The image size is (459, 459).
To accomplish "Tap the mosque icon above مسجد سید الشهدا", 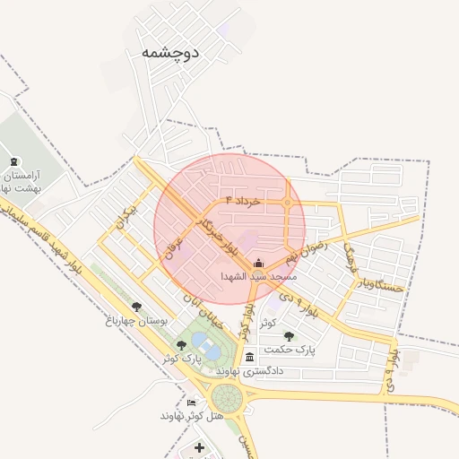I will point(259,263).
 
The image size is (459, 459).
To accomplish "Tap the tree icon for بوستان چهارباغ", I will point(136,307).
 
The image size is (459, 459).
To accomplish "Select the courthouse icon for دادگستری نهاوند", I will point(249,358).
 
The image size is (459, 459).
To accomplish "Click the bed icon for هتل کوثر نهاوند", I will point(191,403).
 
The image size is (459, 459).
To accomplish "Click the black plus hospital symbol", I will point(199,446).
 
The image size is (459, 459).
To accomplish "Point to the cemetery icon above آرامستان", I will point(13,162).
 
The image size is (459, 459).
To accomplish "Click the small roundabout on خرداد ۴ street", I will point(287,204).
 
